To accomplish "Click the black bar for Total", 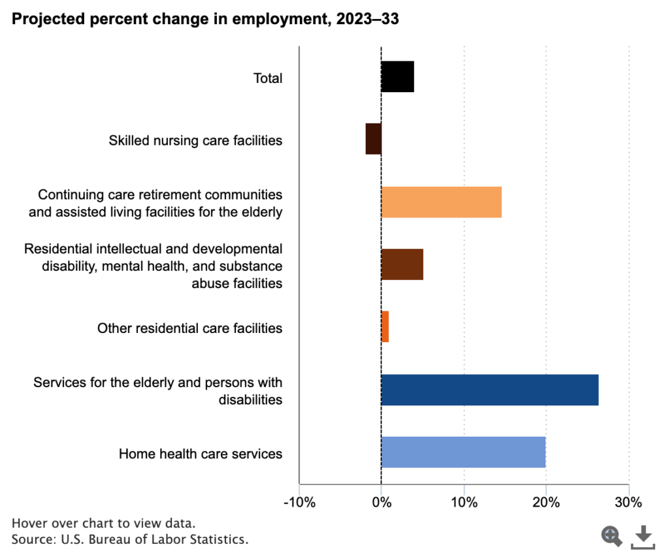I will coord(397,77).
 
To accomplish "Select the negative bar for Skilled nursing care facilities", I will coord(373,139).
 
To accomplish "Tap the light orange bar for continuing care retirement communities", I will coord(441,202).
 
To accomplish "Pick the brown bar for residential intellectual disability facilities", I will coord(402,264).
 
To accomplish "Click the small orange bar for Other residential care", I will coord(385,326).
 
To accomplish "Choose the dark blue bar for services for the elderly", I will coord(489,390).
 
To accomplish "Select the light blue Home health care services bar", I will coord(463,452).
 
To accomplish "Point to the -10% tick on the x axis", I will coord(299,503).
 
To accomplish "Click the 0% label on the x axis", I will coord(381,503).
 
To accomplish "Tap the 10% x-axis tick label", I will coord(463,503).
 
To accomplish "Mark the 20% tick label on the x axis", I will coord(546,503).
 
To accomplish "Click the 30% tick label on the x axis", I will coord(628,503).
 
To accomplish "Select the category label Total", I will coord(268,78).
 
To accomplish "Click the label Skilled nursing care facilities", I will coord(196,140).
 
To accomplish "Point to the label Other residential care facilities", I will coord(190,328).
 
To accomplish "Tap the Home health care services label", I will coord(201,453).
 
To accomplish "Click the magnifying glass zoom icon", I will coord(612,536).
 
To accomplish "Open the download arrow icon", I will coord(644,536).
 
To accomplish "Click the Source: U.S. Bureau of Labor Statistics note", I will coord(131,539).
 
